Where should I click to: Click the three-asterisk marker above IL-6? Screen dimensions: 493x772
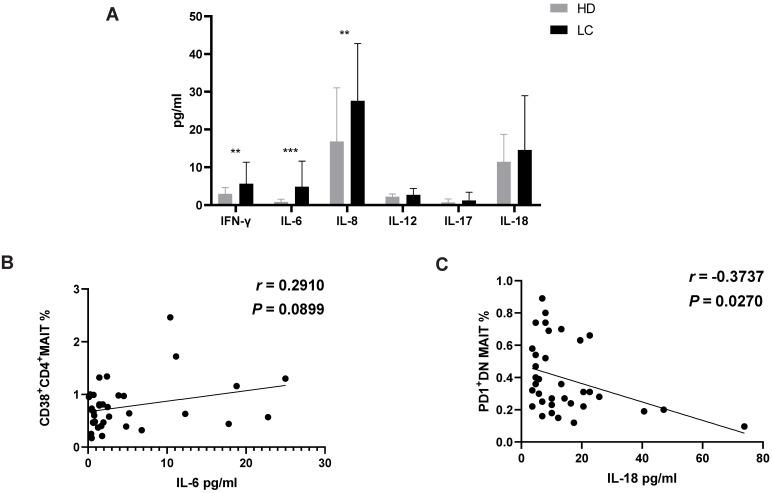coord(291,152)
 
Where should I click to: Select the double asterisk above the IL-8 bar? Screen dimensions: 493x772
coord(345,34)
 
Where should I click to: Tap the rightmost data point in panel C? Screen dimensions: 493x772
coord(744,427)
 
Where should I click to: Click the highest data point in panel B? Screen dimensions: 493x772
coord(170,317)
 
